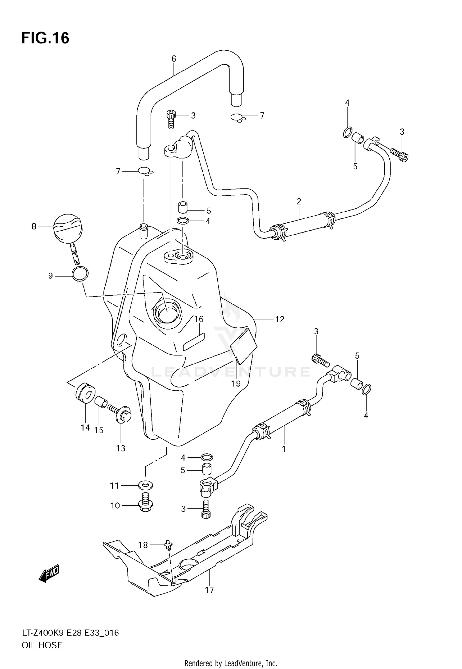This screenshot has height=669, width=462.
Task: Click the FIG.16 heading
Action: pos(45,39)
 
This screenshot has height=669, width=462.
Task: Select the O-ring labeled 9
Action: pos(80,274)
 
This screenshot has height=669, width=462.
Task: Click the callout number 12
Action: pos(279,319)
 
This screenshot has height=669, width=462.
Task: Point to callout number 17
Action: pos(209,590)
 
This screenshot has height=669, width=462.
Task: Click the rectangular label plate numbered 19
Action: pos(244,346)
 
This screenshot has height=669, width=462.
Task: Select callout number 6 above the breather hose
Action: pos(174,59)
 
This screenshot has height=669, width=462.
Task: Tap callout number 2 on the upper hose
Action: pos(299,201)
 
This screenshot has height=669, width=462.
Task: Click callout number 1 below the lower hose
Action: pos(284,449)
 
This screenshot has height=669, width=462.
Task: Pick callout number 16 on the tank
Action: pos(199,319)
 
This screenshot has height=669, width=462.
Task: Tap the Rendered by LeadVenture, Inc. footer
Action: pos(231,663)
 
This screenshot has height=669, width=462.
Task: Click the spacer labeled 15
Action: pos(101,402)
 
